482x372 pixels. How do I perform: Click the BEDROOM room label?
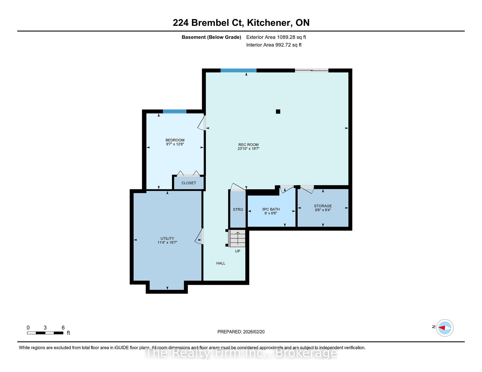pyautogui.click(x=175, y=140)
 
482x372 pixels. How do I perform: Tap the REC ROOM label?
pyautogui.click(x=249, y=145)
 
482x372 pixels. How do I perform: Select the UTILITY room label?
pyautogui.click(x=167, y=238)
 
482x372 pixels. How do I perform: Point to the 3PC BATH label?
pyautogui.click(x=271, y=209)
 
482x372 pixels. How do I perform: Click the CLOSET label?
pyautogui.click(x=189, y=183)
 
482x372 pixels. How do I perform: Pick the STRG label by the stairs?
pyautogui.click(x=238, y=210)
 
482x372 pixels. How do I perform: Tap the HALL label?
pyautogui.click(x=221, y=263)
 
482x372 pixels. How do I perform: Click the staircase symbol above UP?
pyautogui.click(x=237, y=238)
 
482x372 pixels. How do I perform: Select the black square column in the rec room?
pyautogui.click(x=278, y=112)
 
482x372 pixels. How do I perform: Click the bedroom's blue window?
pyautogui.click(x=174, y=112)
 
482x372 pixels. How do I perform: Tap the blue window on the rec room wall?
pyautogui.click(x=238, y=70)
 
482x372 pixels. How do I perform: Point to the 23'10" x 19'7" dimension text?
pyautogui.click(x=249, y=149)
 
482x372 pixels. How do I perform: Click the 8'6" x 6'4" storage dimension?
pyautogui.click(x=323, y=210)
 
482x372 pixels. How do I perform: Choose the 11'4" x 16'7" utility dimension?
pyautogui.click(x=167, y=242)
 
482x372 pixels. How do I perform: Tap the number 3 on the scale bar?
pyautogui.click(x=45, y=328)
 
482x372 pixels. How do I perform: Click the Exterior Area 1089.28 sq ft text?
pyautogui.click(x=276, y=37)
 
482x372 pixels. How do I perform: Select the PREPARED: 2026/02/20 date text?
pyautogui.click(x=241, y=332)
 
